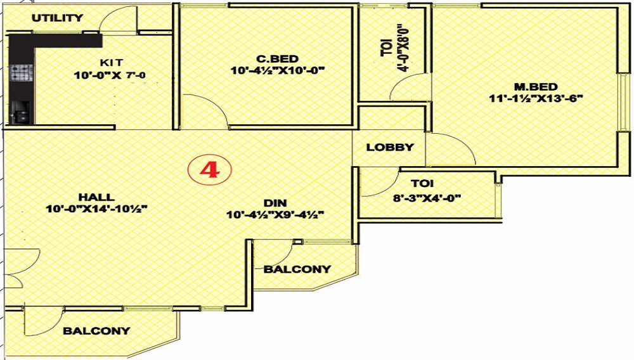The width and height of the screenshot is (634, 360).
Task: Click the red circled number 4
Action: click(x=209, y=170)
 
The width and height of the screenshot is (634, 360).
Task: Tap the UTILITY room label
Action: click(x=57, y=18)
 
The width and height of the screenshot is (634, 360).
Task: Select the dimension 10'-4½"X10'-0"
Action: click(x=278, y=71)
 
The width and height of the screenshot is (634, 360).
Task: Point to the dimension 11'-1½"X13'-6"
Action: click(x=536, y=99)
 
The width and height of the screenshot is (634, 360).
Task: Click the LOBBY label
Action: click(x=390, y=148)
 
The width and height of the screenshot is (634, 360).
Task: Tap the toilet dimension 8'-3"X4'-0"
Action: click(x=427, y=198)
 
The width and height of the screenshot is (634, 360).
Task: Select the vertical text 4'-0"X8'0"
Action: click(x=403, y=48)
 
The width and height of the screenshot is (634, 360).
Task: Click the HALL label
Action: click(x=96, y=197)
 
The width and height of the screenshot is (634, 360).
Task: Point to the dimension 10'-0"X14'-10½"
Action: click(x=96, y=209)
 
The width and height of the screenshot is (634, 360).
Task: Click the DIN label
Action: click(x=275, y=203)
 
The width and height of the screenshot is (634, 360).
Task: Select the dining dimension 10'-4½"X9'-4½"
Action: click(x=275, y=215)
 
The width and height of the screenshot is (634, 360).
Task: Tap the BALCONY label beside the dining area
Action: click(x=297, y=269)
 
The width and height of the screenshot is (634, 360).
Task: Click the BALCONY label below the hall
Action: click(x=96, y=331)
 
